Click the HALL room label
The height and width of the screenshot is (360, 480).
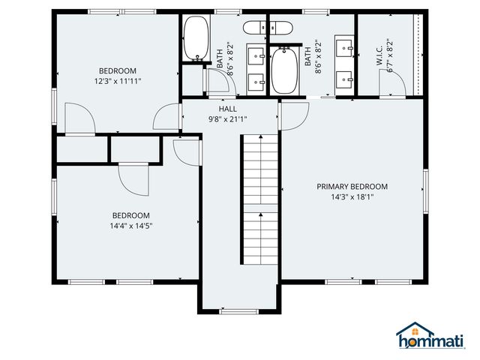tap(228, 109)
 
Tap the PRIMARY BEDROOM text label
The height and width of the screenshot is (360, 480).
tap(352, 187)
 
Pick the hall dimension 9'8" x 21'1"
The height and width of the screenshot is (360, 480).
tap(228, 118)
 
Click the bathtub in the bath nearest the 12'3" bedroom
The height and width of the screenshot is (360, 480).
tap(196, 37)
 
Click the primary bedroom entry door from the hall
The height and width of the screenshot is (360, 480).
tap(295, 115)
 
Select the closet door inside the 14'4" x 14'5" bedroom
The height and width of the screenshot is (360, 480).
tap(133, 177)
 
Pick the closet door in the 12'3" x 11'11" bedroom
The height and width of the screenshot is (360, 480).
tap(79, 118)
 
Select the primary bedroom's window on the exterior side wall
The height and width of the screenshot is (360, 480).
tap(425, 191)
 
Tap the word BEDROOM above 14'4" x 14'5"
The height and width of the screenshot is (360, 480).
tap(131, 214)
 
